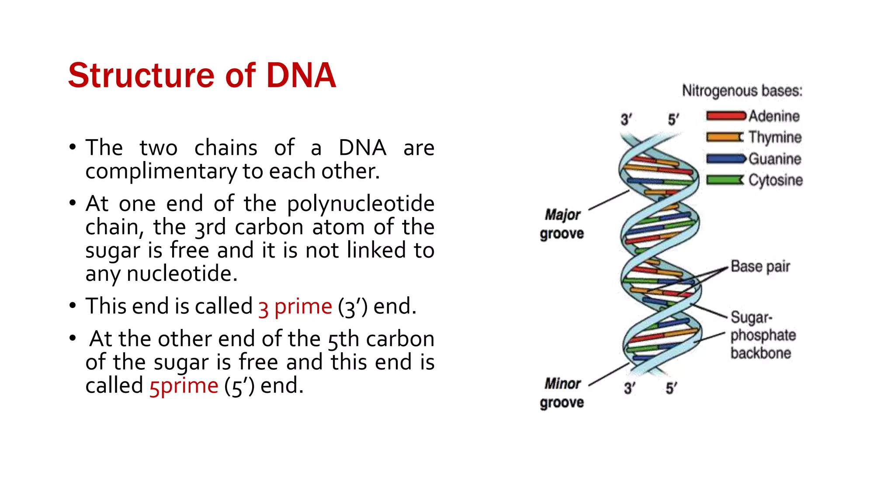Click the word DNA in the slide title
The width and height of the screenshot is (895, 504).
point(301,75)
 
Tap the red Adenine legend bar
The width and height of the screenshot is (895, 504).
point(726,116)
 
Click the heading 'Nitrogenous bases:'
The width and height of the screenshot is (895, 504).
point(742,91)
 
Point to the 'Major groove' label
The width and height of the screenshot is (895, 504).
point(562,224)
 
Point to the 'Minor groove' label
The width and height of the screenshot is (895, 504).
point(562,393)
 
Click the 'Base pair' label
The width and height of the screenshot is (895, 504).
point(760,266)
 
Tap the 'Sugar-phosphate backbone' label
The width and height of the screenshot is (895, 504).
point(763,335)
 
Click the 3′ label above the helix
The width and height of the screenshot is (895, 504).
point(626,119)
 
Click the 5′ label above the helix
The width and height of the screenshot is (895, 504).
point(673,119)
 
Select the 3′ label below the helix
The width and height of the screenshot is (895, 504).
point(629,388)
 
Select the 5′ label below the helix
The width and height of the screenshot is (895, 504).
point(671,388)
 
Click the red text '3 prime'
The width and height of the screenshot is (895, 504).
point(295,307)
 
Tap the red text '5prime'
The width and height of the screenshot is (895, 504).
point(184,386)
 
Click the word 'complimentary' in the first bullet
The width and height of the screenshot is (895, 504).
point(161,171)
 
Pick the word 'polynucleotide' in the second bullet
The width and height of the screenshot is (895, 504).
point(361,204)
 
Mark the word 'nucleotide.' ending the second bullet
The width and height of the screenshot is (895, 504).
point(182,274)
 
